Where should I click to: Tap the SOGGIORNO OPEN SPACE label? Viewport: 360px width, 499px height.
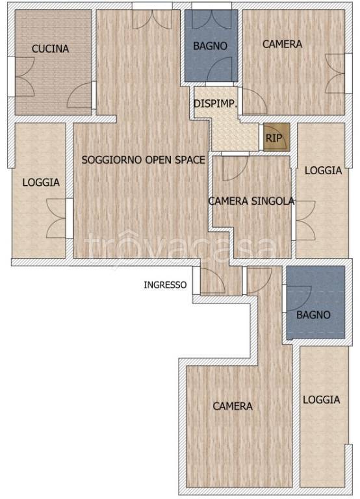(x=143, y=159)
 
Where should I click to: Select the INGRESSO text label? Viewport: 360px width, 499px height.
(x=165, y=285)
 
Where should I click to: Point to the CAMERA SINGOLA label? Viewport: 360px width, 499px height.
(x=251, y=201)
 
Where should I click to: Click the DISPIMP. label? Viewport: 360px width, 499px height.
(x=215, y=103)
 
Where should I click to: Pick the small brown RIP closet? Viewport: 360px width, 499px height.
(x=274, y=138)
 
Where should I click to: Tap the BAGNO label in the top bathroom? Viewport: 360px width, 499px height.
(x=211, y=46)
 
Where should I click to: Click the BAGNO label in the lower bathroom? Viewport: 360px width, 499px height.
(x=313, y=315)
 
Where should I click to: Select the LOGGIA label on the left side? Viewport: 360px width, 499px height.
(x=40, y=183)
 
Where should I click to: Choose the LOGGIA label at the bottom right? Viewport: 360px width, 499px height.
(x=321, y=400)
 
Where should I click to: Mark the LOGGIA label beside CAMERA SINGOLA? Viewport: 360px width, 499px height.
(x=323, y=170)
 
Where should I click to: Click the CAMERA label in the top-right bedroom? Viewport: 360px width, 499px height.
(x=282, y=44)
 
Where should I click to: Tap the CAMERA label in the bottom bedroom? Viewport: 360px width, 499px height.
(x=233, y=406)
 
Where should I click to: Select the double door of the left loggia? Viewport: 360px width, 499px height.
(x=58, y=218)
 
